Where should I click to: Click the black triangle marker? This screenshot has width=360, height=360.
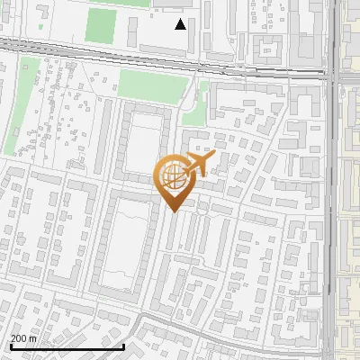coord(181,24)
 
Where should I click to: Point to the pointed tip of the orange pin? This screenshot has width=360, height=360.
coord(174,210)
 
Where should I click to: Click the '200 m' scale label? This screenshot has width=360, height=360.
coord(24,337)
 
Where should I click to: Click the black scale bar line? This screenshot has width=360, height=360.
coord(67,346)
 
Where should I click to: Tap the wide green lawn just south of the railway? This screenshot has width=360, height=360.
coord(153,85)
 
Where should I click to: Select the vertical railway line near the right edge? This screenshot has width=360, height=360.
coord(334,180)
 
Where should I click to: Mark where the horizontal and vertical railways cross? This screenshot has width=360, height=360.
coord(334,76)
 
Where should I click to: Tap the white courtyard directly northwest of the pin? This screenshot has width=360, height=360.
coord(144,144)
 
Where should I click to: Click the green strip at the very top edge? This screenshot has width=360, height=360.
coord(121,3)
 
